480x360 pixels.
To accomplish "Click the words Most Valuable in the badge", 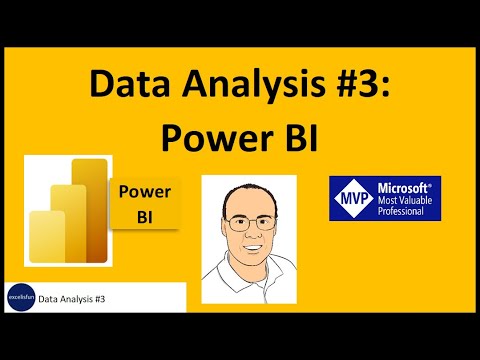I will pos(405,200).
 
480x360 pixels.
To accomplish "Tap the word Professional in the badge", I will pos(401,211).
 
